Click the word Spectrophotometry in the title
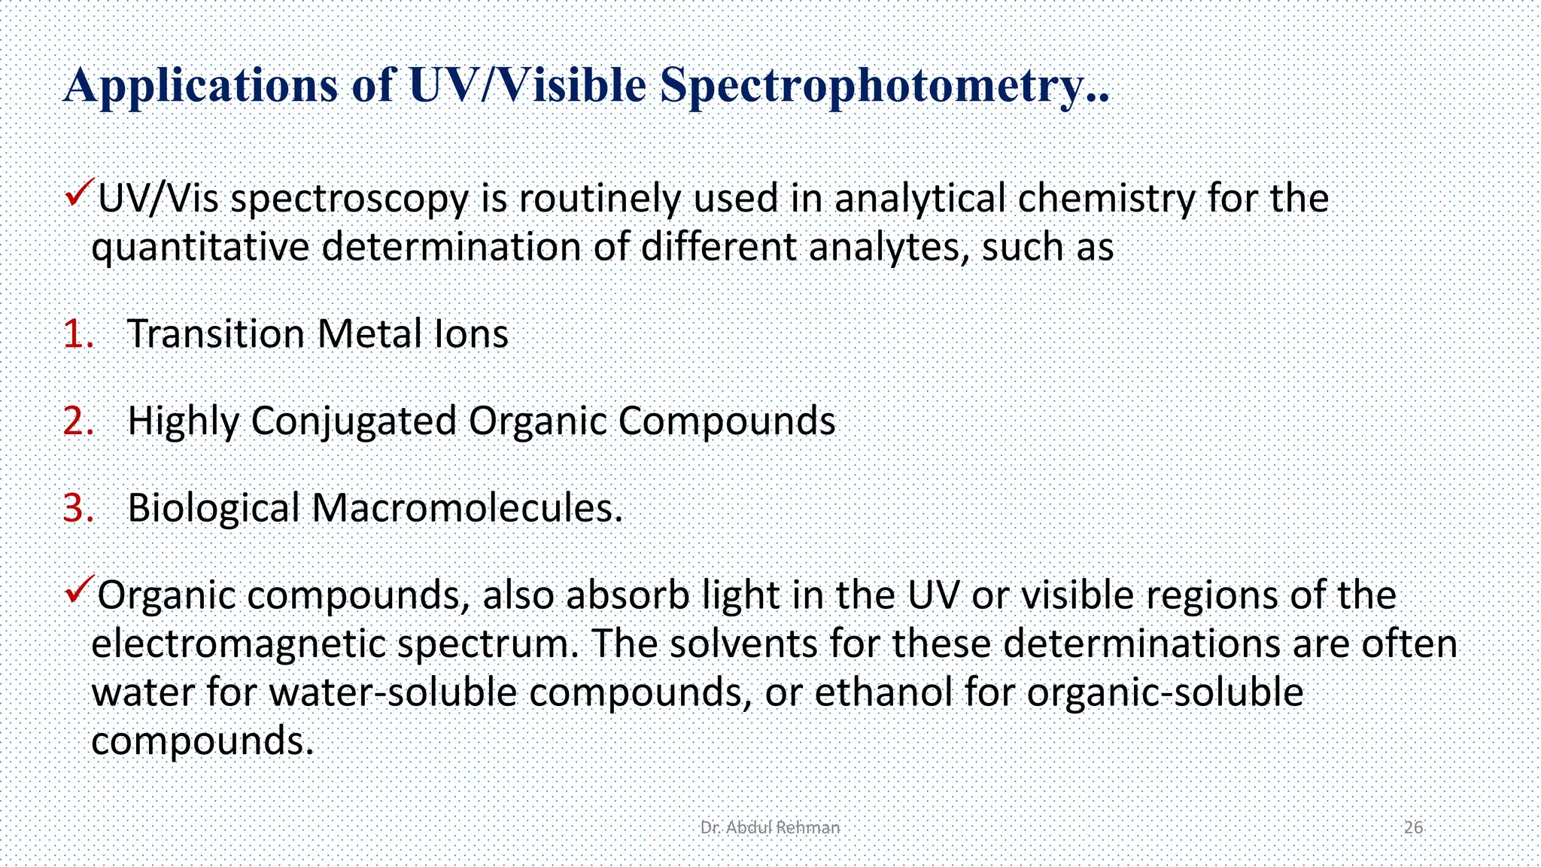(x=884, y=85)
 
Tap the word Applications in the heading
(x=201, y=85)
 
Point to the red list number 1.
(x=78, y=334)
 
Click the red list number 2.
(x=78, y=421)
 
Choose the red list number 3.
(x=78, y=508)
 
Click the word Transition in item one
(x=215, y=334)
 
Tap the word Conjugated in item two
(x=354, y=421)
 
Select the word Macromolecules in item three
(x=467, y=508)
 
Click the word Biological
(x=214, y=508)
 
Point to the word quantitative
(x=200, y=248)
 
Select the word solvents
(x=743, y=644)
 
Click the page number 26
(x=1413, y=828)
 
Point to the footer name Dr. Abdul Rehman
(x=769, y=828)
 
